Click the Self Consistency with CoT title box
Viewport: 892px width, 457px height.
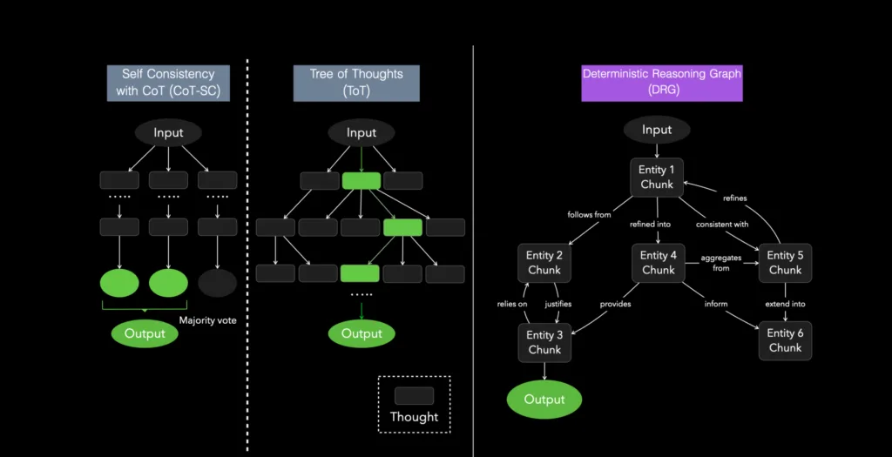click(x=168, y=83)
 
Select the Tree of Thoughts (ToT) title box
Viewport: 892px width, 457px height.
click(x=356, y=83)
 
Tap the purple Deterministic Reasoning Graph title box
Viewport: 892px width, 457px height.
click(x=662, y=83)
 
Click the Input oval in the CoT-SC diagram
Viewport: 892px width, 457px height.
click(x=168, y=132)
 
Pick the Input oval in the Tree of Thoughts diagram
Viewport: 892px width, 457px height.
click(x=361, y=132)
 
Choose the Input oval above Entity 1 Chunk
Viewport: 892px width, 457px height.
click(x=656, y=130)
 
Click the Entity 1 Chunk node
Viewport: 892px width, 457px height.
click(x=657, y=177)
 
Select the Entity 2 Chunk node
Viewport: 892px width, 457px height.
click(x=544, y=262)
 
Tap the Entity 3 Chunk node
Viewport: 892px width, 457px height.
click(x=544, y=342)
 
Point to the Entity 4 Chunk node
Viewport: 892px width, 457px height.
click(x=658, y=262)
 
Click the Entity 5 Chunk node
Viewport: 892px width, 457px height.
click(x=785, y=262)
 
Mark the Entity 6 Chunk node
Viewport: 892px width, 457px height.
click(x=785, y=340)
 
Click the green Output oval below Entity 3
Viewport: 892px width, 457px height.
click(x=544, y=400)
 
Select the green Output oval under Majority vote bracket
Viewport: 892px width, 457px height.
click(x=144, y=333)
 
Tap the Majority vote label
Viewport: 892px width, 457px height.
click(x=207, y=320)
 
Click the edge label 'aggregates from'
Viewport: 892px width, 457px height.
click(x=720, y=262)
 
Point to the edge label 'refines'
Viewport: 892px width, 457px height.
click(x=733, y=198)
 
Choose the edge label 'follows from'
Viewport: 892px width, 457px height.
click(x=589, y=214)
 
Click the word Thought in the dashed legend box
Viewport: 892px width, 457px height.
click(x=414, y=417)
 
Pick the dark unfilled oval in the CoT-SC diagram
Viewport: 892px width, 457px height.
click(x=217, y=284)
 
